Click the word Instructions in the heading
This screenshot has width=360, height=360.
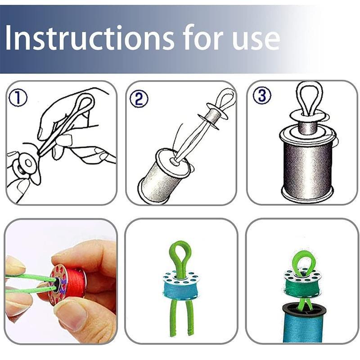pyautogui.click(x=90, y=37)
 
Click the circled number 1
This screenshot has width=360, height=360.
pyautogui.click(x=18, y=98)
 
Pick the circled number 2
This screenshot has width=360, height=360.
pyautogui.click(x=139, y=98)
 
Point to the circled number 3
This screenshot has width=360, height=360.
pyautogui.click(x=262, y=95)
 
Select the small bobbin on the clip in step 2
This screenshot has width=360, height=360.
pyautogui.click(x=213, y=115)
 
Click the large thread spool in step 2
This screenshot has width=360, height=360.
pyautogui.click(x=164, y=175)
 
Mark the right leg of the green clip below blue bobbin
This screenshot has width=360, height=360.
pyautogui.click(x=190, y=318)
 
